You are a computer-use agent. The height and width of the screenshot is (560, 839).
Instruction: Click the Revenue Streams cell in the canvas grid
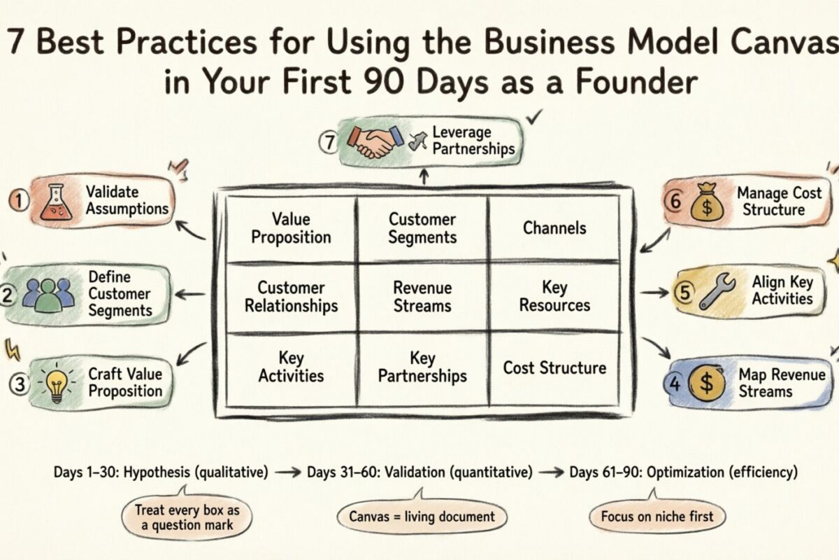pyautogui.click(x=422, y=297)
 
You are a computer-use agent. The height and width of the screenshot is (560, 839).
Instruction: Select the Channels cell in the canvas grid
pyautogui.click(x=554, y=227)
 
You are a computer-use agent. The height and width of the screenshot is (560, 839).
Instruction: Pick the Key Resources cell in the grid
pyautogui.click(x=554, y=297)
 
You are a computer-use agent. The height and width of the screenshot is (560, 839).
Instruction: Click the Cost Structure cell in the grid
pyautogui.click(x=554, y=367)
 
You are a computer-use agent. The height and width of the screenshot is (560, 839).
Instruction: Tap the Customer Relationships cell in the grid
pyautogui.click(x=291, y=297)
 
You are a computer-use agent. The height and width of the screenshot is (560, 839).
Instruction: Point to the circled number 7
pyautogui.click(x=329, y=142)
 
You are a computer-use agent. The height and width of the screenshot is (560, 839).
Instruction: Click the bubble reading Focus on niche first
pyautogui.click(x=657, y=517)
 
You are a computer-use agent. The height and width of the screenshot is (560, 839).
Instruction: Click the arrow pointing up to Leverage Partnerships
pyautogui.click(x=422, y=176)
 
